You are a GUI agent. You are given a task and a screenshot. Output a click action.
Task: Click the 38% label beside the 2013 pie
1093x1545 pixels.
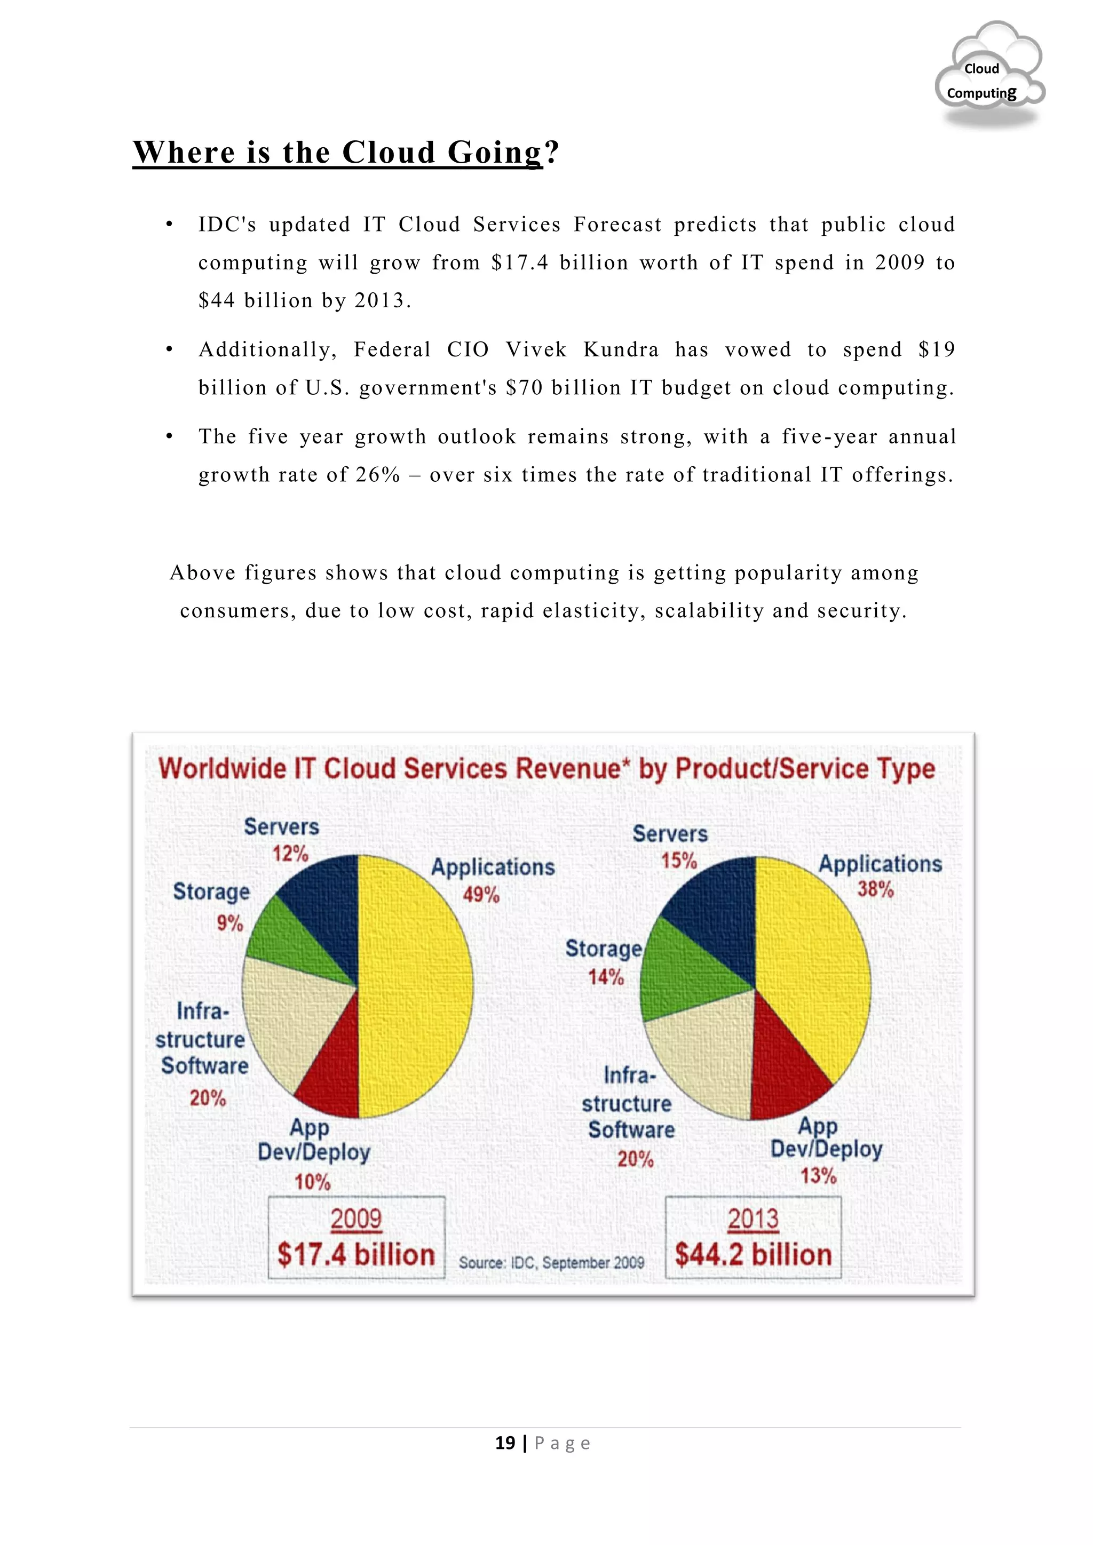pyautogui.click(x=875, y=889)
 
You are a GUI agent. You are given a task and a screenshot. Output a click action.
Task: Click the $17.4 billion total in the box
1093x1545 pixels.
pyautogui.click(x=356, y=1255)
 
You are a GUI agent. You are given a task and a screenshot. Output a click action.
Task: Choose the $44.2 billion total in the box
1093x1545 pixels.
pyautogui.click(x=753, y=1255)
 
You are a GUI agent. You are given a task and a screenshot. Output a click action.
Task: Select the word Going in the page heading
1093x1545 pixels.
pyautogui.click(x=495, y=152)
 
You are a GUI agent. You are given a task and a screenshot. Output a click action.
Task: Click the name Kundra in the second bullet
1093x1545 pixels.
pyautogui.click(x=621, y=349)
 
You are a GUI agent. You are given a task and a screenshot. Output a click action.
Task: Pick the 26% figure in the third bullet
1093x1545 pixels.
pyautogui.click(x=378, y=475)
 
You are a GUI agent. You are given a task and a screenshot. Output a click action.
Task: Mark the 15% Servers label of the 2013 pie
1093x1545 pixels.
pyautogui.click(x=678, y=860)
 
